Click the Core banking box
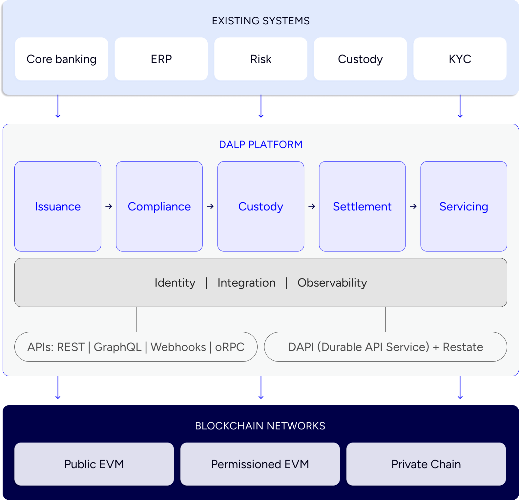pos(61,59)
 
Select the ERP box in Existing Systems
pos(161,59)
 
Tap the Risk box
pos(261,59)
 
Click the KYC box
pos(460,59)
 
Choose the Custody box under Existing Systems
pos(360,59)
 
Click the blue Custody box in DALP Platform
pos(261,207)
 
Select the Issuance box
pos(58,207)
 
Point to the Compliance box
pos(159,207)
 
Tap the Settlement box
pos(362,207)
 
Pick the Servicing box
pos(464,207)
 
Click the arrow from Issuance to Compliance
pos(109,207)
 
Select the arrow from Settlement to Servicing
pos(413,207)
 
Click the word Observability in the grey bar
pos(332,283)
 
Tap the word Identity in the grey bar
pos(175,283)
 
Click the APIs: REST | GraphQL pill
pos(136,347)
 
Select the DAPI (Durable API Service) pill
pos(385,347)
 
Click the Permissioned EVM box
pos(260,464)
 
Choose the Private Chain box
pos(426,464)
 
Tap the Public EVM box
pos(94,464)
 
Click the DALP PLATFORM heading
pos(261,144)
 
